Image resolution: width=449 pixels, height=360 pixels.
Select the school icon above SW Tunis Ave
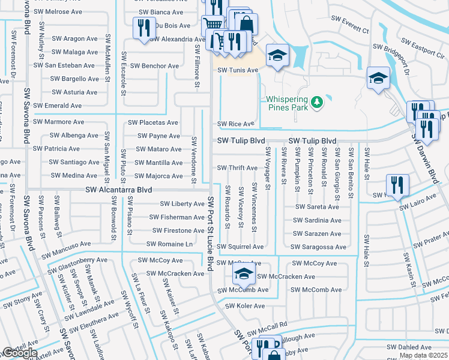pos(277,56)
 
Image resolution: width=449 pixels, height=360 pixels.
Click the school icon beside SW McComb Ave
pos(243,275)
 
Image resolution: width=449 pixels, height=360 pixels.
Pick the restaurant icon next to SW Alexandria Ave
pos(143,28)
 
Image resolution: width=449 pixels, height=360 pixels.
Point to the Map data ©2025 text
pos(424,355)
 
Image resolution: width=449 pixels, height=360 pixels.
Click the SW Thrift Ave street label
pos(237,168)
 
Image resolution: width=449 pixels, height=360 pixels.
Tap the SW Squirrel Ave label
pos(240,247)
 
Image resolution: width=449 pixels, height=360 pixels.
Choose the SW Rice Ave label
pos(236,124)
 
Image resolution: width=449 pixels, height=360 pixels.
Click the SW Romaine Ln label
pos(170,244)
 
